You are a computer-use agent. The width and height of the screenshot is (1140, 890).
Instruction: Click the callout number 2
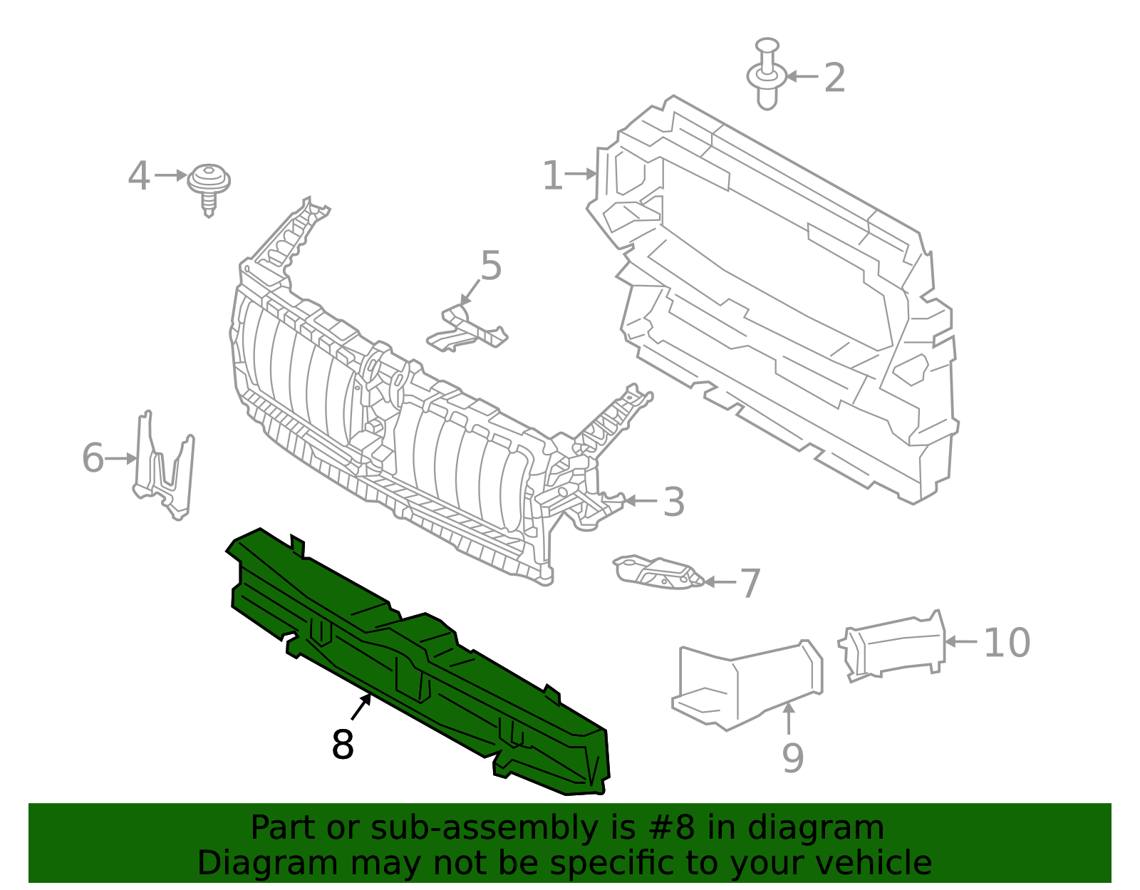tap(834, 78)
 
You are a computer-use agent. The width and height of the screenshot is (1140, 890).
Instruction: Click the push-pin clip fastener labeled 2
tap(766, 74)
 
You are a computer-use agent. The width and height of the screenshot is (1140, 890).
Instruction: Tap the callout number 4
tap(139, 176)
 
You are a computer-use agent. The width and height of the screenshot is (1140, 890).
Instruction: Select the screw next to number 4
tap(209, 185)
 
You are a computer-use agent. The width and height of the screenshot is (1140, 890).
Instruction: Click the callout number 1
tap(553, 175)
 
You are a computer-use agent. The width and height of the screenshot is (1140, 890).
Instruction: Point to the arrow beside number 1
tap(581, 173)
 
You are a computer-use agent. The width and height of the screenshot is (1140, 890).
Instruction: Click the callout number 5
tap(491, 266)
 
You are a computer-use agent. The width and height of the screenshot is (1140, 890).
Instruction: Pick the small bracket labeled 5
tap(467, 330)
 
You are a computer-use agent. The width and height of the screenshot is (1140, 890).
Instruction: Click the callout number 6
tap(93, 457)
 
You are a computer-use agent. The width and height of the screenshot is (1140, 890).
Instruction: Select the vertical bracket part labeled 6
tap(165, 467)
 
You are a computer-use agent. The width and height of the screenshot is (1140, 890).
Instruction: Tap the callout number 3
tap(673, 502)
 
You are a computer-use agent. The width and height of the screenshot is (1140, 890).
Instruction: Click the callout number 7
tap(750, 584)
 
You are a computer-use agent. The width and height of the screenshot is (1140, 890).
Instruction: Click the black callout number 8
tap(343, 745)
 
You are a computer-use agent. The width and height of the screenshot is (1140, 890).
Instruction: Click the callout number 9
tap(792, 758)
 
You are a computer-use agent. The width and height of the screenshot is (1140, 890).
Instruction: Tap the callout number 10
tap(1006, 643)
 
